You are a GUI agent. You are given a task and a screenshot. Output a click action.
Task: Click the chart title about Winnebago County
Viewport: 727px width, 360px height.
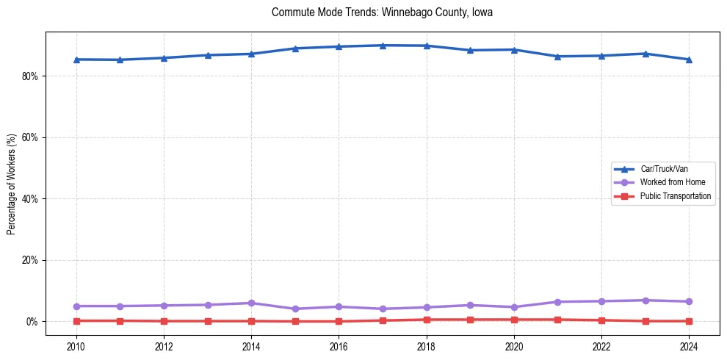pos(382,12)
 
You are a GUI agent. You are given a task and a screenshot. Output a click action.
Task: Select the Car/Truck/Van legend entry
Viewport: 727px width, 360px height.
pos(664,169)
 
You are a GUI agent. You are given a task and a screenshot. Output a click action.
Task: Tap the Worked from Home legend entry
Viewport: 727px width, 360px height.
pos(669,182)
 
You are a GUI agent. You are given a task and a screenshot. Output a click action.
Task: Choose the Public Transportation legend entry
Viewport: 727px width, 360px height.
pos(675,196)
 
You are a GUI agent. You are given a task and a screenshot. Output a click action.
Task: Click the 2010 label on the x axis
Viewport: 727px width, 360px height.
pos(76,346)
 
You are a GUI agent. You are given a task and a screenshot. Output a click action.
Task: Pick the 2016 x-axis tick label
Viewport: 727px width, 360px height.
pos(339,346)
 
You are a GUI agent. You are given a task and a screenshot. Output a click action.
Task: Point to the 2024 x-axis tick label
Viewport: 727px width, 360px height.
pos(689,346)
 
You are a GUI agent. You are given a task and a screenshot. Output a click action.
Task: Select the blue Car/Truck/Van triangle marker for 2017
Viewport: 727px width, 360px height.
pos(383,46)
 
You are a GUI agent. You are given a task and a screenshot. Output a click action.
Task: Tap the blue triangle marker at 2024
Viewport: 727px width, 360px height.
pos(689,60)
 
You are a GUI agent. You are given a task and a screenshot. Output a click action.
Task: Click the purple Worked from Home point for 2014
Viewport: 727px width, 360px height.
pos(251,303)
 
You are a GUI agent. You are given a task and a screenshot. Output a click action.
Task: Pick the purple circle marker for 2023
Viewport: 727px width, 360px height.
pos(645,300)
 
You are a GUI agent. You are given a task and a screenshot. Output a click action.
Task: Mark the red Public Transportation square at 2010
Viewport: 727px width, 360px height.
pos(76,320)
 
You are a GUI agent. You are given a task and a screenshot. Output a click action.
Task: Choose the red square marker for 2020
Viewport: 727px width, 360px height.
pos(514,320)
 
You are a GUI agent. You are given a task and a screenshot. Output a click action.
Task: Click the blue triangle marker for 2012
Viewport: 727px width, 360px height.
pos(164,58)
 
